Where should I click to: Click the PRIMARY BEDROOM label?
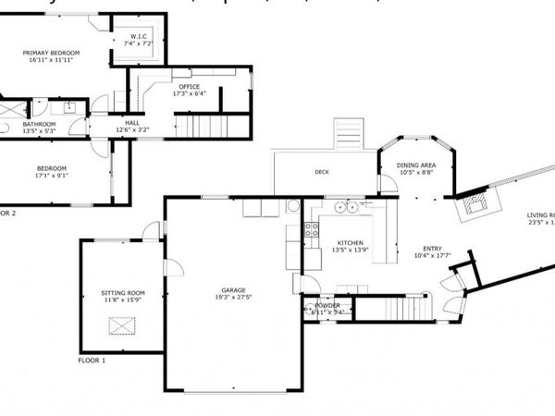coord(52,53)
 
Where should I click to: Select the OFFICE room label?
coord(189,87)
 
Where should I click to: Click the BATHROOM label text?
coord(39,124)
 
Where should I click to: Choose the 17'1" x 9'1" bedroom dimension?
coord(51,176)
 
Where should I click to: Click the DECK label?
coord(322,172)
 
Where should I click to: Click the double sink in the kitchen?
coord(347,207)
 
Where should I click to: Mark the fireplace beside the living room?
coord(478,202)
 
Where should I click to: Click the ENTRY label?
coord(433,248)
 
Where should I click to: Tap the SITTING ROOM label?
coord(123,293)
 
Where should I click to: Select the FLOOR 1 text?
coord(92,361)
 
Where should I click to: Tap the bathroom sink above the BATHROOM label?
coord(69,107)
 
